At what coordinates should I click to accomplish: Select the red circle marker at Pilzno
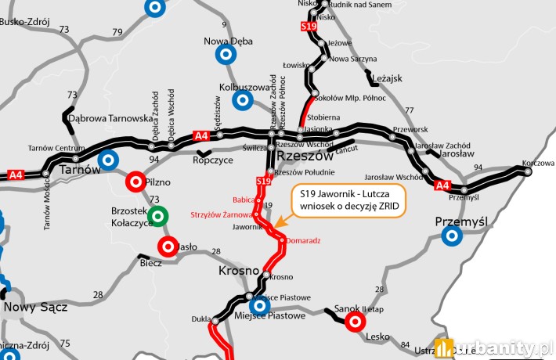tap(135, 182)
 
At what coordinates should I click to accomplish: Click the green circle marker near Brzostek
tap(158, 215)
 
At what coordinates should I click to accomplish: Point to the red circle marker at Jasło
tap(167, 247)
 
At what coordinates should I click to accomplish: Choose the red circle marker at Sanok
tap(355, 321)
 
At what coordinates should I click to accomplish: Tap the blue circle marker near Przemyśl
tap(451, 237)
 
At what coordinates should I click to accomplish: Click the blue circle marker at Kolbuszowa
tap(242, 99)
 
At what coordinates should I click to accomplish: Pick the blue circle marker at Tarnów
tap(110, 160)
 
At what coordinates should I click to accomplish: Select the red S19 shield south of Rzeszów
tap(264, 182)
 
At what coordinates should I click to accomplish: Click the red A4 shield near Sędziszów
tap(201, 136)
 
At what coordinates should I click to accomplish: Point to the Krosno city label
tap(238, 271)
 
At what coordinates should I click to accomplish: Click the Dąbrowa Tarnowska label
tap(110, 119)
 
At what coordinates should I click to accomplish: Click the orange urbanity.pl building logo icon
tap(445, 347)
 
